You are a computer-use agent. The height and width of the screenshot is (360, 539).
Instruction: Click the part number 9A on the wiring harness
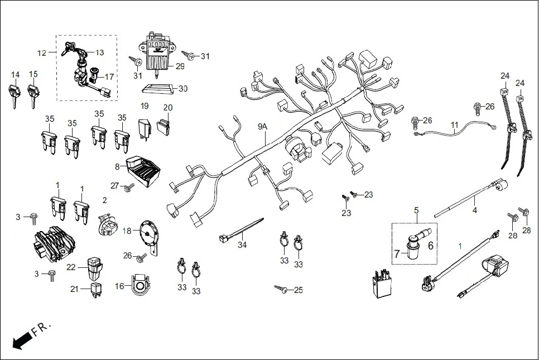pos(263,127)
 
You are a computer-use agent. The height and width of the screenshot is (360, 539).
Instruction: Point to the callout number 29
pos(180,66)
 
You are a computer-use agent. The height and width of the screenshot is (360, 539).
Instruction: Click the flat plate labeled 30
pos(157,88)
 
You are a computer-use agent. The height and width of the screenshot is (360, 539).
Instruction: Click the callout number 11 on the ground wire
pos(454,126)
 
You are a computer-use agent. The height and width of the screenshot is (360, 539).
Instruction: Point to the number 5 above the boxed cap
pos(416,210)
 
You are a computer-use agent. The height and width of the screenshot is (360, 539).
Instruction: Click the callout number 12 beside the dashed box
pos(42,53)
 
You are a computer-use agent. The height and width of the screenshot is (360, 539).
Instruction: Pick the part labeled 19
pos(145,127)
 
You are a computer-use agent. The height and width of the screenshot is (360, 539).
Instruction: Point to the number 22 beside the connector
pos(71,267)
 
